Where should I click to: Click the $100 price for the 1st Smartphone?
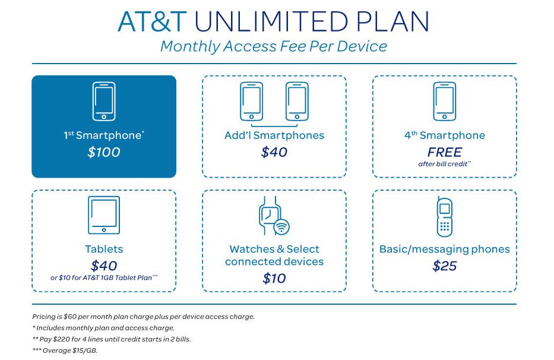coord(104,152)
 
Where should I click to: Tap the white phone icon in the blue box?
coord(104,101)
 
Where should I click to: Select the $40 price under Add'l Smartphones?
coord(274,152)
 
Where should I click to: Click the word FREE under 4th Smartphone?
coord(444,152)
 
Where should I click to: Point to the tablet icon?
coord(104,214)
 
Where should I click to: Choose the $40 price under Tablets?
coord(104,266)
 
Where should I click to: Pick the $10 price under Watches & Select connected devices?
coord(274,278)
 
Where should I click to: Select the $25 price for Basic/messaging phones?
coord(444,266)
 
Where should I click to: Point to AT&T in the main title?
coord(153,21)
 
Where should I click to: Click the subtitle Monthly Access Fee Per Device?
coord(274,46)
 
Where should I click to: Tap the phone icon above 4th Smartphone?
coord(444,101)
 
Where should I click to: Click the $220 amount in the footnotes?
coord(62,339)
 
